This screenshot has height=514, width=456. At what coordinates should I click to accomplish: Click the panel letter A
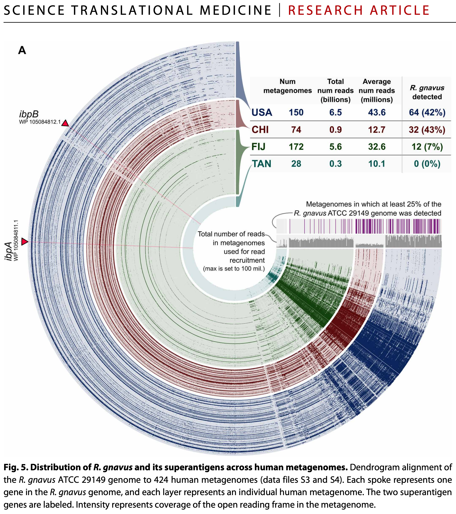pyautogui.click(x=22, y=50)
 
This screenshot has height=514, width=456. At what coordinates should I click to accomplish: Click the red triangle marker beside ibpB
pyautogui.click(x=65, y=123)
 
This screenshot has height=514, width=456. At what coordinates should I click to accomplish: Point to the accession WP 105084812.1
pyautogui.click(x=40, y=122)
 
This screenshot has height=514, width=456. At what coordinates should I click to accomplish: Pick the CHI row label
pyautogui.click(x=260, y=130)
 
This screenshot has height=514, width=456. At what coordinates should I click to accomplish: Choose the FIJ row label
pyautogui.click(x=258, y=147)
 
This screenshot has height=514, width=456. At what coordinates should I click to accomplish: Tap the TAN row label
pyautogui.click(x=262, y=164)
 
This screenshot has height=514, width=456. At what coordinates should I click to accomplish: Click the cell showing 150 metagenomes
pyautogui.click(x=296, y=112)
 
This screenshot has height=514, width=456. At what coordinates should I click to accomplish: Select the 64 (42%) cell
pyautogui.click(x=427, y=112)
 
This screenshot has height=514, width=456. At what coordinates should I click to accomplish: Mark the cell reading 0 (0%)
pyautogui.click(x=427, y=164)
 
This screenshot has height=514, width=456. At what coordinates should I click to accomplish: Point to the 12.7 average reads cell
pyautogui.click(x=377, y=130)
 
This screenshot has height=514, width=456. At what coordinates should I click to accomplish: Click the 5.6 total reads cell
pyautogui.click(x=336, y=147)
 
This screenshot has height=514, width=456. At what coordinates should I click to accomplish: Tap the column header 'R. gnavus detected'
pyautogui.click(x=427, y=92)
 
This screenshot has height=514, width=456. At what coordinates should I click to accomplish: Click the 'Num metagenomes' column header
pyautogui.click(x=288, y=86)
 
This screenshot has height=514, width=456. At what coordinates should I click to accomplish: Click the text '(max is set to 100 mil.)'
pyautogui.click(x=234, y=269)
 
